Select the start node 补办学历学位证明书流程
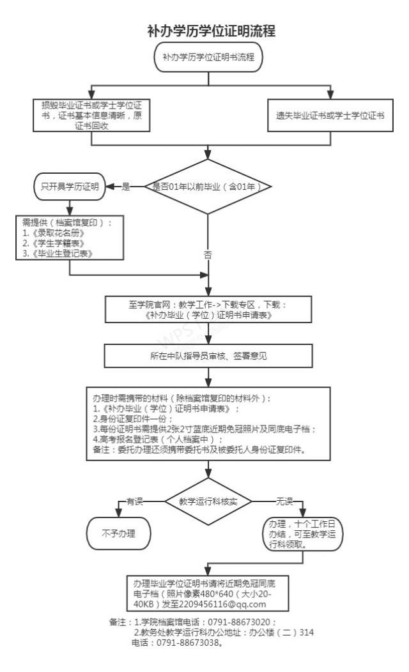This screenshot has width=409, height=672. click(x=208, y=57)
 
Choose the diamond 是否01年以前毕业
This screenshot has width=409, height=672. click(x=208, y=187)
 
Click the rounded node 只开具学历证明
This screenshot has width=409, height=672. click(x=69, y=187)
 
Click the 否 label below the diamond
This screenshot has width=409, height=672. click(x=208, y=254)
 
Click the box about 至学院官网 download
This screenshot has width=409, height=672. click(x=208, y=309)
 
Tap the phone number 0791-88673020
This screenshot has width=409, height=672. click(x=243, y=620)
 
